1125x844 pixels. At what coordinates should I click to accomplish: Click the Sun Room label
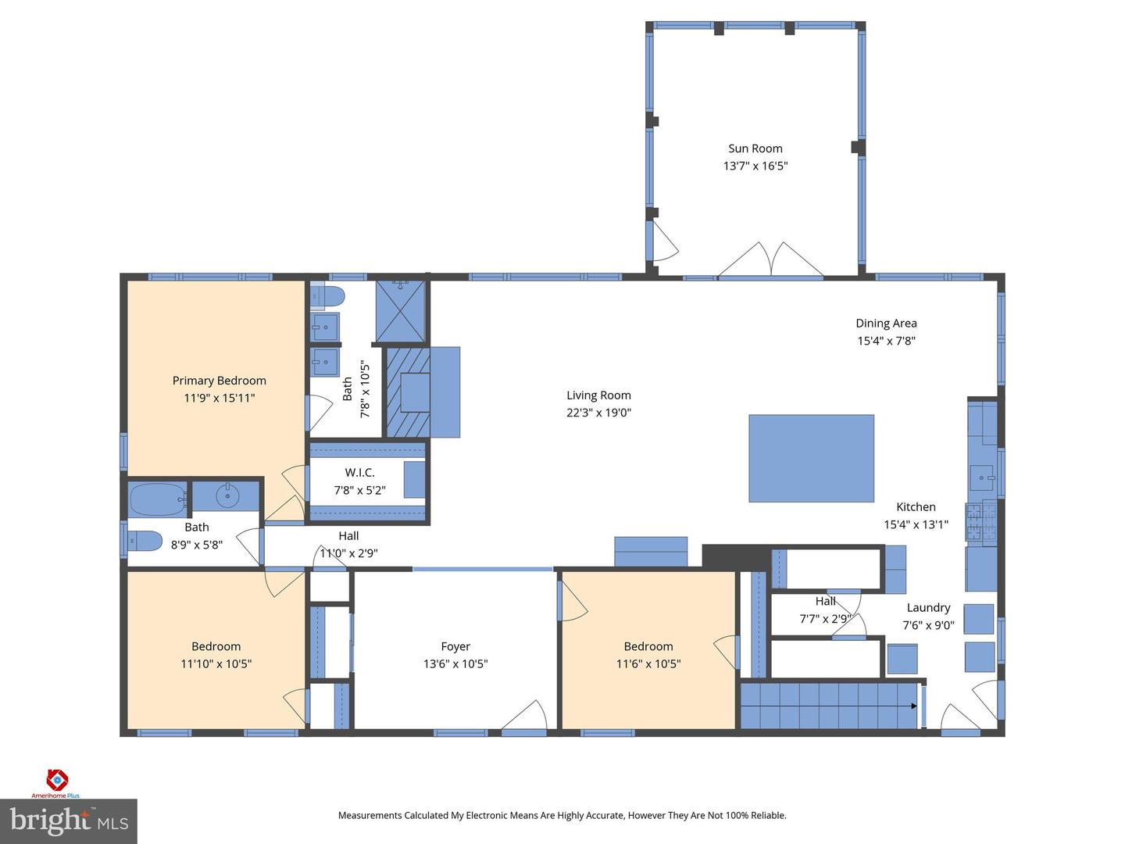(755, 148)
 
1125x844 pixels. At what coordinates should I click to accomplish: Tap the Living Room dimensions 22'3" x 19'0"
(598, 413)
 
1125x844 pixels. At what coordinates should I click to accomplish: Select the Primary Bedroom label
(219, 381)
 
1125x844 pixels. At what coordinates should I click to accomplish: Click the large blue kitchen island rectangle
(811, 458)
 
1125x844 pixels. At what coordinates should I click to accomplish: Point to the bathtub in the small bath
(158, 497)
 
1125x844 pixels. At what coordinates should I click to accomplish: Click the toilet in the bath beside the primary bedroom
(328, 297)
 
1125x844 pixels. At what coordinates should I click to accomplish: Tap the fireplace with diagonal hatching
(409, 392)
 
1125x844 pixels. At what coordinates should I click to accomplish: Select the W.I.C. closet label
(359, 473)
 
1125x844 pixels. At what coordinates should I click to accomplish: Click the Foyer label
(455, 646)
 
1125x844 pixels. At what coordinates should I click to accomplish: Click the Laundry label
(928, 608)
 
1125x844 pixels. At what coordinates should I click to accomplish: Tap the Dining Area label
(886, 324)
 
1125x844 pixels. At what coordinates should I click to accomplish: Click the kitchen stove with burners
(980, 521)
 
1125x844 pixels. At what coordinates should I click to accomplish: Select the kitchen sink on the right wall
(981, 474)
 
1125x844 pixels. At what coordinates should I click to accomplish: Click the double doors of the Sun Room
(770, 261)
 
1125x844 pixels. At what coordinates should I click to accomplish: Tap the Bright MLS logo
(69, 821)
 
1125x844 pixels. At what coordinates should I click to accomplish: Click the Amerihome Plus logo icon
(57, 779)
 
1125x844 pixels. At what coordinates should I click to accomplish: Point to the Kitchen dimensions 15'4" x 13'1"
(916, 524)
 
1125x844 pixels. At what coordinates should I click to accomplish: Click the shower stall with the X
(401, 312)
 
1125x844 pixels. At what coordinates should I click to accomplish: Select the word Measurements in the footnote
(370, 815)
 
